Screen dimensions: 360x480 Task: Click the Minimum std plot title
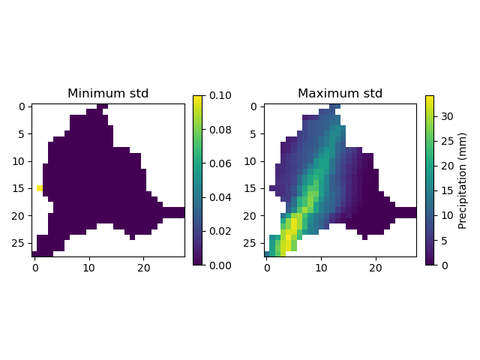tap(108, 94)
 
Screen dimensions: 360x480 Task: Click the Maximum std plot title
tap(340, 94)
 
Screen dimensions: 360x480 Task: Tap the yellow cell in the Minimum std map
tap(40, 188)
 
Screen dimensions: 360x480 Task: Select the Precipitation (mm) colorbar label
tap(462, 180)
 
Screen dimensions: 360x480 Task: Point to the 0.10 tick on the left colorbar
tap(215, 95)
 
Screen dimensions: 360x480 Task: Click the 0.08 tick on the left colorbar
tap(215, 129)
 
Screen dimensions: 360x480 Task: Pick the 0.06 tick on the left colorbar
tap(215, 163)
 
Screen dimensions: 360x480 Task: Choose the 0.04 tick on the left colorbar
tap(215, 197)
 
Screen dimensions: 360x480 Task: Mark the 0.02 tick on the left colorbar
tap(215, 231)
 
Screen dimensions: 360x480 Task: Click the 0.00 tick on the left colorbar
tap(215, 265)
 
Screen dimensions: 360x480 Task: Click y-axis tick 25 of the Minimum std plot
tap(22, 243)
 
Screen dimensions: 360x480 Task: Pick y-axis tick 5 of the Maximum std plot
tap(254, 133)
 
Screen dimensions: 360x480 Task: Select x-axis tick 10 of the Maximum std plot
tap(321, 268)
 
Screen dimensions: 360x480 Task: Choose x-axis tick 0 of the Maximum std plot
tap(266, 268)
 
